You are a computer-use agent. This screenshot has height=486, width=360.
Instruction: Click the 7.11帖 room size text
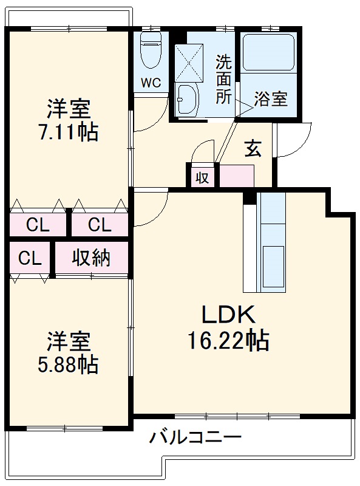pos(69,132)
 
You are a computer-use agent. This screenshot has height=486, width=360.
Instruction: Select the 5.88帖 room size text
pos(69,364)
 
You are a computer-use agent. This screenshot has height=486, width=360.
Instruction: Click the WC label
pos(152,83)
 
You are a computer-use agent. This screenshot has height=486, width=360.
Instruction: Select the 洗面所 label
pos(223,79)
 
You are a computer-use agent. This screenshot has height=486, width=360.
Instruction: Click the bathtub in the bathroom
pos(268,53)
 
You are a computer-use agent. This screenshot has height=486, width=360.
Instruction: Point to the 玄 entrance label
pos(253,149)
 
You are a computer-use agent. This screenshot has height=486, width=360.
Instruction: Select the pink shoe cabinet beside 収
pos(237,176)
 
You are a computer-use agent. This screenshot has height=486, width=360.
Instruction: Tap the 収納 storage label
pos(92,258)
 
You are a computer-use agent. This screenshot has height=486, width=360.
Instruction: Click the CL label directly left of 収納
pos(29,258)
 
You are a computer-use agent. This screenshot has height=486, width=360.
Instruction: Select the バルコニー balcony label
pos(196,437)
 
